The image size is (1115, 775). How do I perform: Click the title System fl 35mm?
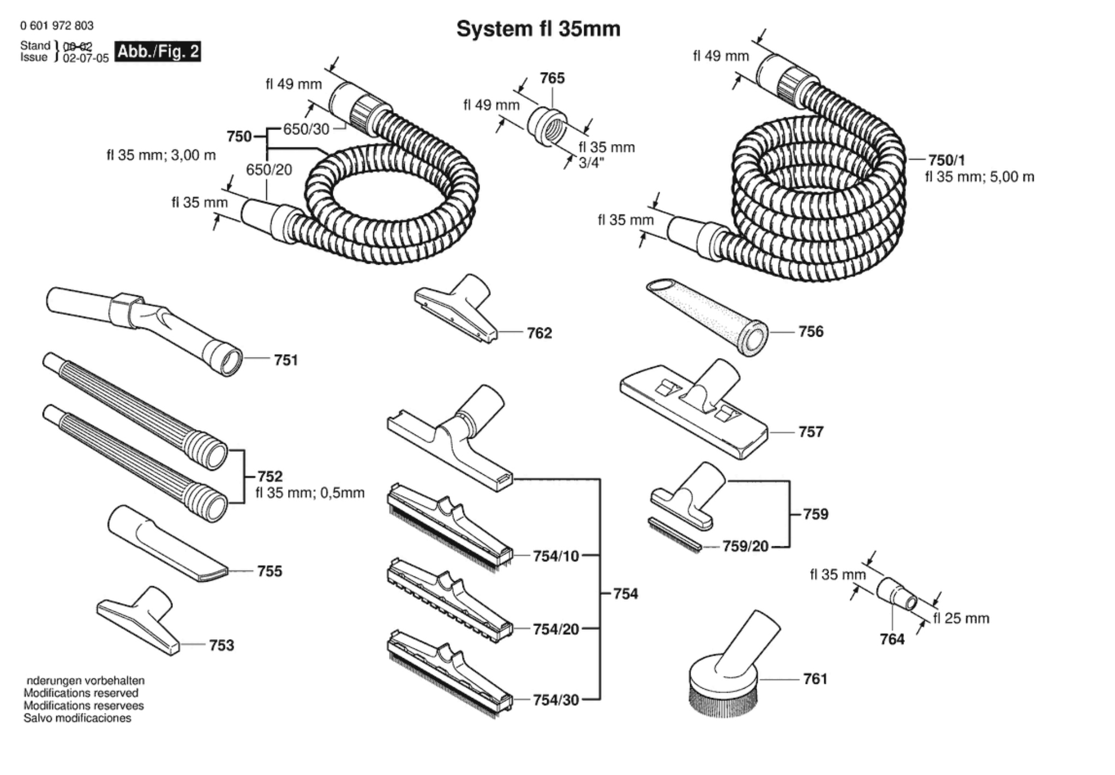pyautogui.click(x=538, y=29)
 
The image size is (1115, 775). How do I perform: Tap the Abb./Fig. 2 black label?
pyautogui.click(x=158, y=52)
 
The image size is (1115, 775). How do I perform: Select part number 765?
pyautogui.click(x=552, y=79)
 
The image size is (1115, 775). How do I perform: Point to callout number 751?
pyautogui.click(x=286, y=360)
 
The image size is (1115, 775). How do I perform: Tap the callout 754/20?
pyautogui.click(x=556, y=629)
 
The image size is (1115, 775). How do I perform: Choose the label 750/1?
pyautogui.click(x=946, y=160)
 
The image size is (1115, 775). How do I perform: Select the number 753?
pyautogui.click(x=221, y=646)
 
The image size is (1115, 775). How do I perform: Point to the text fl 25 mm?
pyautogui.click(x=961, y=618)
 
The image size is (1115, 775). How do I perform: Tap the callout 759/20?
pyautogui.click(x=745, y=546)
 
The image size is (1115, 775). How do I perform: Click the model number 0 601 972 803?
pyautogui.click(x=57, y=26)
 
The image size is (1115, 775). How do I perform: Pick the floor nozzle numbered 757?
pyautogui.click(x=694, y=409)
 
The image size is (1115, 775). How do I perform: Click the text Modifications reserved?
pyautogui.click(x=81, y=693)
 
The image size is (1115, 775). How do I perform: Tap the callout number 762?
pyautogui.click(x=539, y=333)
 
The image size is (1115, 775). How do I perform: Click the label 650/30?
pyautogui.click(x=306, y=129)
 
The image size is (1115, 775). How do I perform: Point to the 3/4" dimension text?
pyautogui.click(x=592, y=164)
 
